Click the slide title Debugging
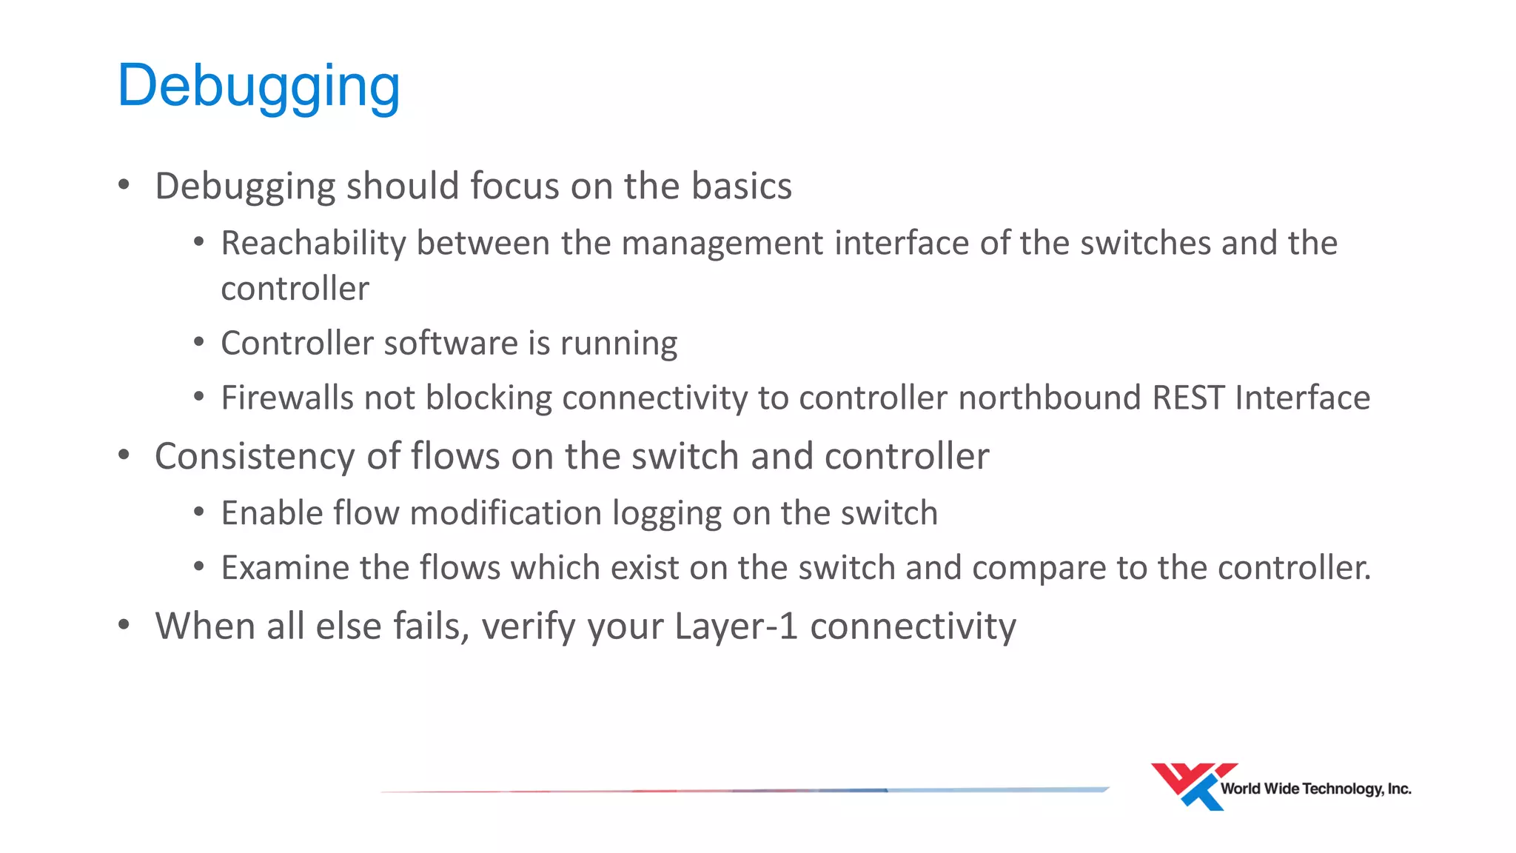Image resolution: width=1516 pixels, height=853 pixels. (258, 87)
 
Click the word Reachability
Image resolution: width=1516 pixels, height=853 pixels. (313, 244)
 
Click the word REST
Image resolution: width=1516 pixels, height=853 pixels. (1188, 398)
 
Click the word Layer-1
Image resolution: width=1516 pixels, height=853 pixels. (736, 626)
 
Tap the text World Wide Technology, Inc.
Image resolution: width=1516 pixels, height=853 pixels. (1315, 789)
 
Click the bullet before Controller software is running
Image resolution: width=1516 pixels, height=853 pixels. (198, 343)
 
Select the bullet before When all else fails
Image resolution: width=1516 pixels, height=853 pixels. (124, 626)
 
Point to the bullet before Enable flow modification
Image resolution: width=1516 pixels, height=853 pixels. (198, 512)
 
